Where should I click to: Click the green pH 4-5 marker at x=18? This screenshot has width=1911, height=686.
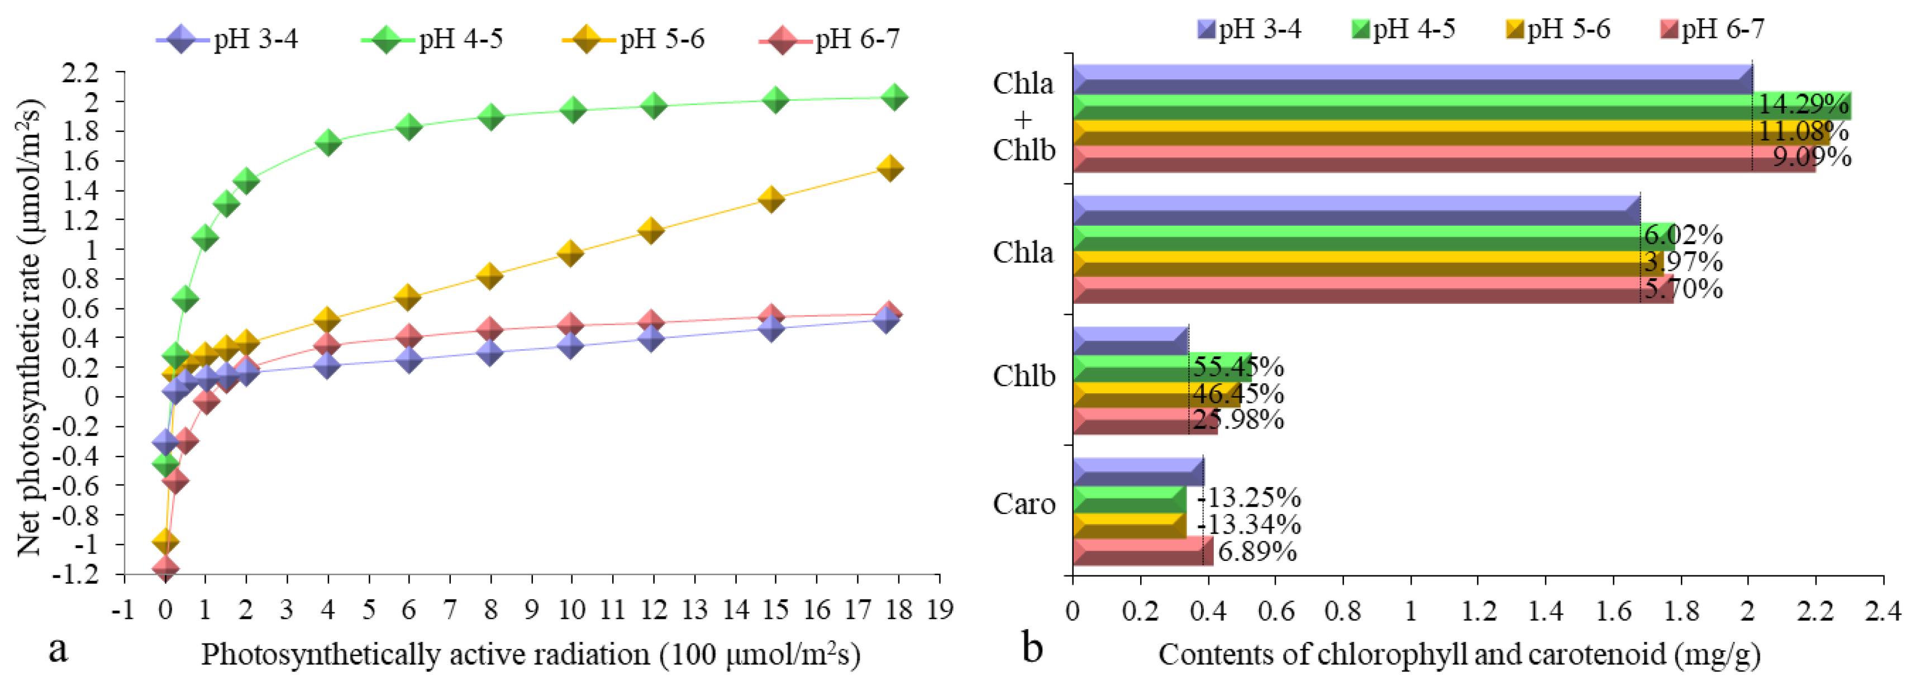click(894, 97)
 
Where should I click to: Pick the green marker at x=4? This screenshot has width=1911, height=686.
click(327, 142)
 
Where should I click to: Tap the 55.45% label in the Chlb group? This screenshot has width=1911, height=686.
click(1237, 366)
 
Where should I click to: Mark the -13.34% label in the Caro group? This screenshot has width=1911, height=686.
click(1249, 525)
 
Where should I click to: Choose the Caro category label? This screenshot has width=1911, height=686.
click(1024, 504)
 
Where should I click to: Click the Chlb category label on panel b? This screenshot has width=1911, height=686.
click(1024, 377)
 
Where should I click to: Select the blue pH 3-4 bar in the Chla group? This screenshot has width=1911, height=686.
click(1356, 210)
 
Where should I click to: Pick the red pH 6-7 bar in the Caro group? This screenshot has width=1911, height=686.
click(1142, 552)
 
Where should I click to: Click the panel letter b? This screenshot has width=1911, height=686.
click(1033, 648)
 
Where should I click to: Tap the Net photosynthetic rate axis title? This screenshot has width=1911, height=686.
click(30, 326)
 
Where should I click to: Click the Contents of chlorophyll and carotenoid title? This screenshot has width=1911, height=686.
click(1459, 655)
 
